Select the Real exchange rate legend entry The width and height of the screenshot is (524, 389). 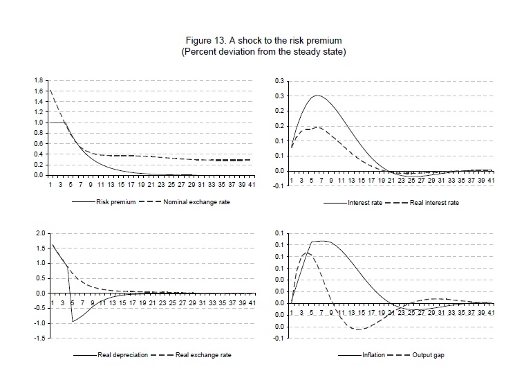click(204, 355)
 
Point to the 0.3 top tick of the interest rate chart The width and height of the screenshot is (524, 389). click(280, 81)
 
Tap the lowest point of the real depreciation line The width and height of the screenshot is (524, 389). click(73, 322)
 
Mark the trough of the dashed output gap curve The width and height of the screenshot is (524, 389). click(357, 329)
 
